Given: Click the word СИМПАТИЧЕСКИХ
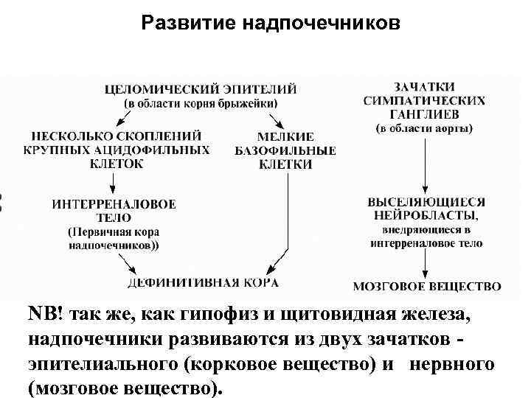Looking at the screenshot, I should tap(424, 101).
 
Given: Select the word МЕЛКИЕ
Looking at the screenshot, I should tap(285, 136).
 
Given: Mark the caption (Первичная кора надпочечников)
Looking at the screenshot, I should tap(113, 237).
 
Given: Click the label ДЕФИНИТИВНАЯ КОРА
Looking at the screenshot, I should tap(203, 283).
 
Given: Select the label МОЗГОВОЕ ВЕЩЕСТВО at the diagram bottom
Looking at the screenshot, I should tap(427, 286).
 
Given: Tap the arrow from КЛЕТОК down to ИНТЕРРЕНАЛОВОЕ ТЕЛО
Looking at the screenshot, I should tap(113, 181).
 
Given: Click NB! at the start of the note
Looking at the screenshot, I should tap(46, 313).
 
